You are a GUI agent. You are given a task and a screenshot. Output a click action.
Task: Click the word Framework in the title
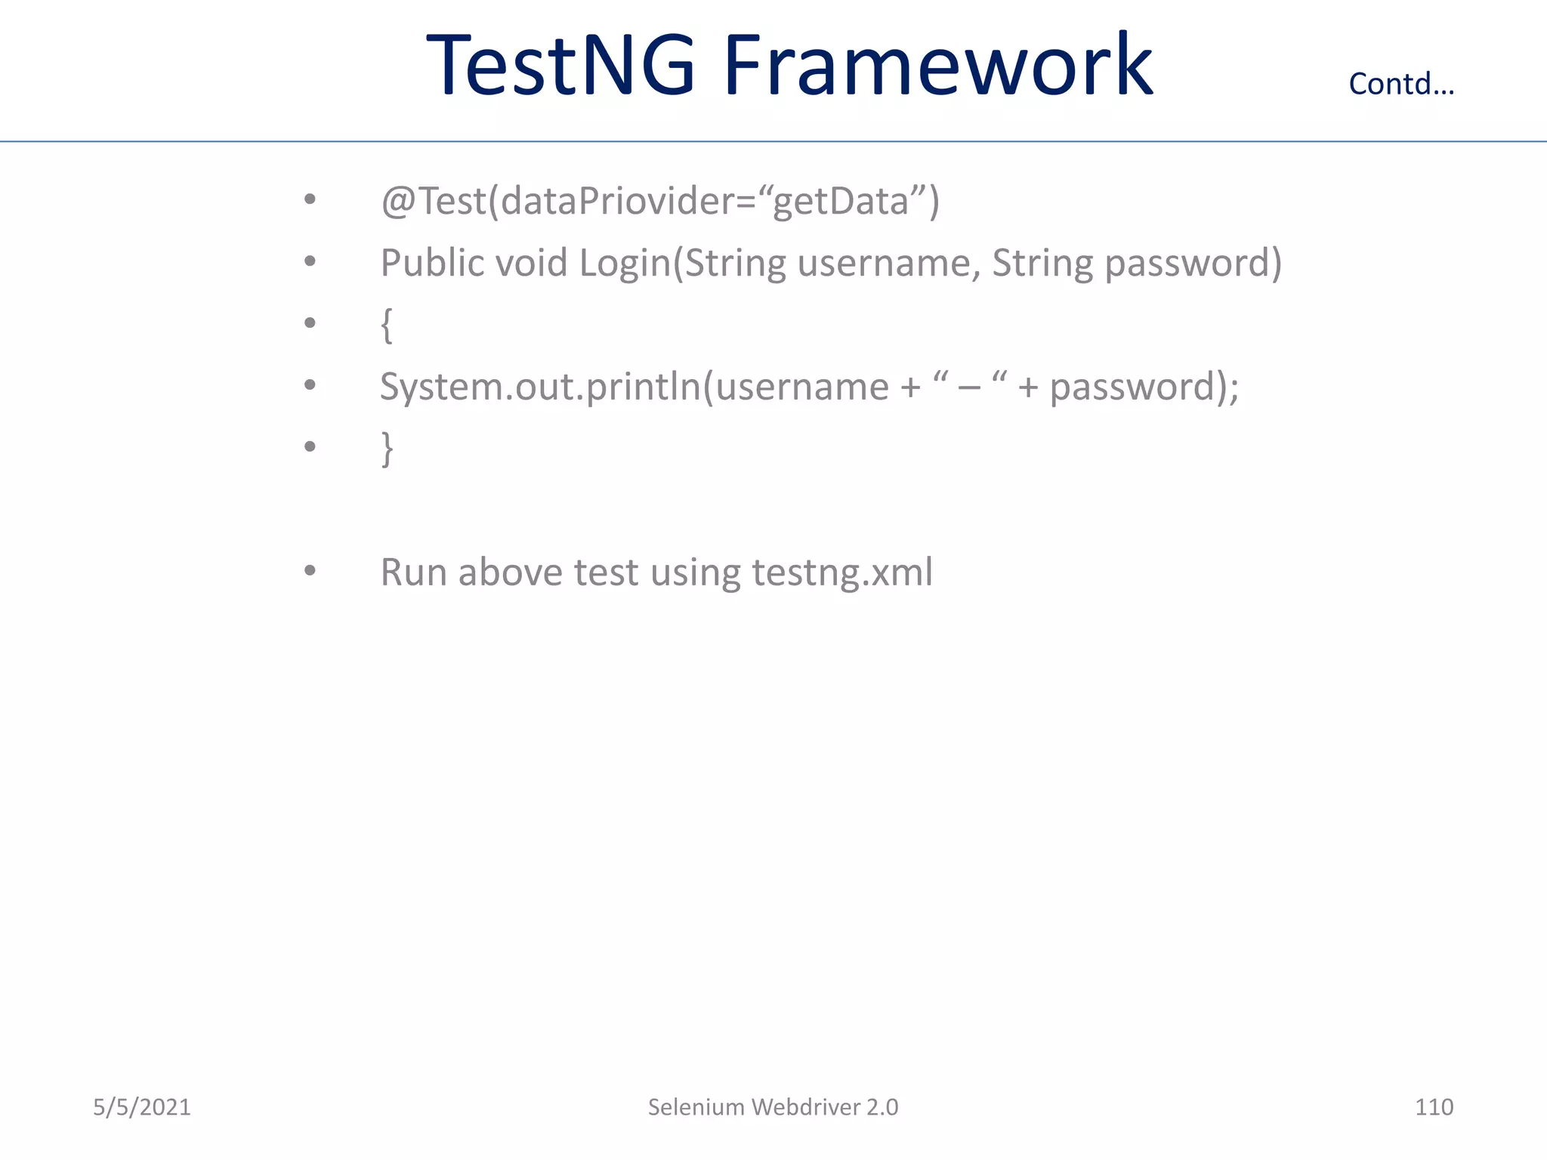pos(937,66)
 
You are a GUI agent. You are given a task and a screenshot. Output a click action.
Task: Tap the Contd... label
pos(1401,84)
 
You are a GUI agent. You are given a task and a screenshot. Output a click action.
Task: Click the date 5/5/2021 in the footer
pos(142,1107)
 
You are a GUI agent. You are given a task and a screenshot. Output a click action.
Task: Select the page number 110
pos(1433,1107)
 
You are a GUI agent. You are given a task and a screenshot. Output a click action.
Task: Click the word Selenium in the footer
pos(696,1107)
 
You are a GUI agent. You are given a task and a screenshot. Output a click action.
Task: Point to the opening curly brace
pos(387,325)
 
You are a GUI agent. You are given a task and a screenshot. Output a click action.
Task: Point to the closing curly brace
pos(387,449)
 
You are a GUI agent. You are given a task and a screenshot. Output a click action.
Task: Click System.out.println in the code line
pos(540,387)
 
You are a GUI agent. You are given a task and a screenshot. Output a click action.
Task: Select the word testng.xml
pos(842,572)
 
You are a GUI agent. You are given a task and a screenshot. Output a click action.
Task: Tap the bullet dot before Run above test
pos(310,571)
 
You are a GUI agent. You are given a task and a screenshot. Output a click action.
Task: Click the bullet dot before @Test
pos(310,199)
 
